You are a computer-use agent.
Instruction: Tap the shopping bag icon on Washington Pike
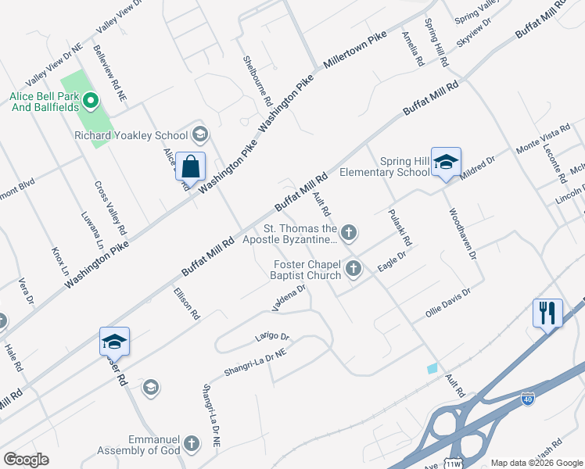click(x=190, y=166)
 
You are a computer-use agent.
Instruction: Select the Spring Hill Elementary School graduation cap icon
click(x=446, y=163)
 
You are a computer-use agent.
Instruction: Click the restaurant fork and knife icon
click(x=547, y=313)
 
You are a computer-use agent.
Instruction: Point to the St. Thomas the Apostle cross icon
click(x=350, y=232)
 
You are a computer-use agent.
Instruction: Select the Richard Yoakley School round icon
click(x=199, y=135)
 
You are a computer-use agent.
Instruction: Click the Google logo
click(x=26, y=460)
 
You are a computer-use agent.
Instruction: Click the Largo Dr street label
click(x=272, y=337)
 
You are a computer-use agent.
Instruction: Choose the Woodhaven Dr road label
click(x=462, y=234)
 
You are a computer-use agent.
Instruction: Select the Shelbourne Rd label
click(x=257, y=81)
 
